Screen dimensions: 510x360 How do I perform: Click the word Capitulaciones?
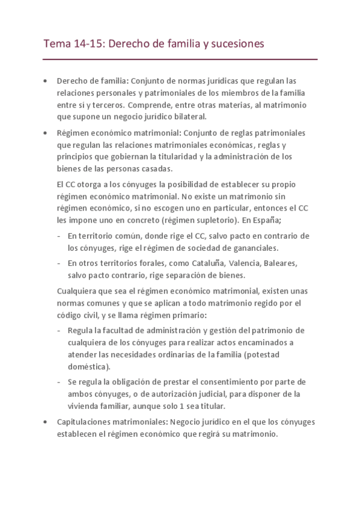(x=84, y=422)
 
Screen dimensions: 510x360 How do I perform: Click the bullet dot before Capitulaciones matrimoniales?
(x=45, y=422)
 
